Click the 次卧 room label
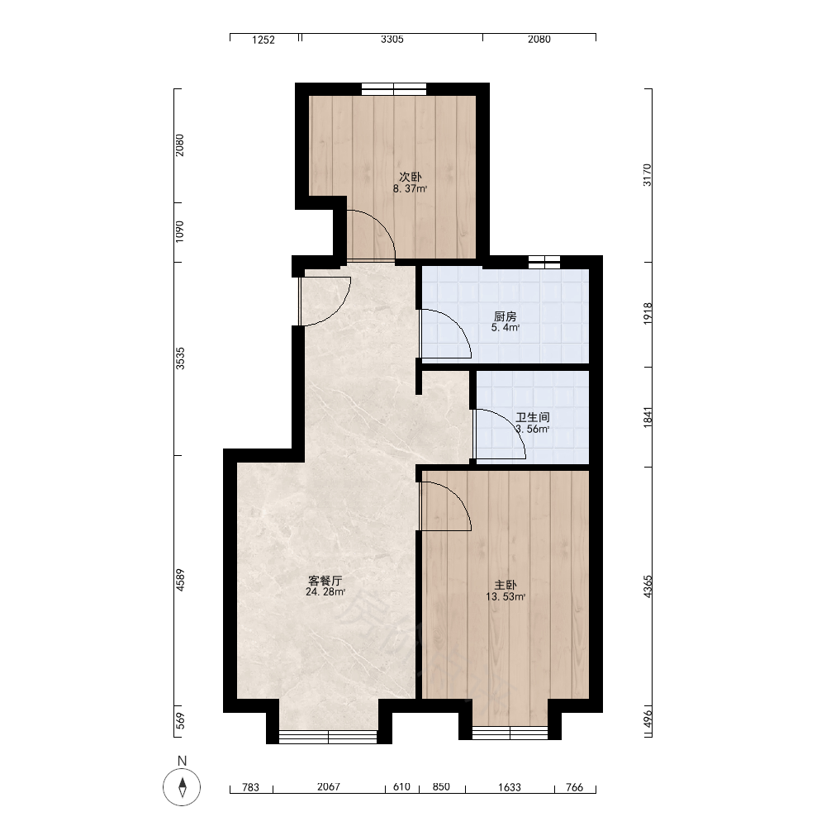click(411, 177)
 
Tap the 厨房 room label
click(506, 316)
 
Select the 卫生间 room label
click(533, 417)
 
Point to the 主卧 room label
click(506, 585)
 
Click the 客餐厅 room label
click(325, 581)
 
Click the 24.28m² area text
click(325, 592)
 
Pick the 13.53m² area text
click(506, 596)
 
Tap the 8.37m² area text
click(410, 188)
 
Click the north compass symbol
click(182, 787)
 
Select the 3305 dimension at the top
click(392, 39)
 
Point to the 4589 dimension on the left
click(180, 580)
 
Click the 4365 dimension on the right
click(648, 586)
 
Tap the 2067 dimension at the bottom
click(329, 786)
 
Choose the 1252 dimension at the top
click(263, 40)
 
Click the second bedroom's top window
click(393, 88)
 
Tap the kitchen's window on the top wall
click(544, 261)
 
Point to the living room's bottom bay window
click(328, 737)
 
